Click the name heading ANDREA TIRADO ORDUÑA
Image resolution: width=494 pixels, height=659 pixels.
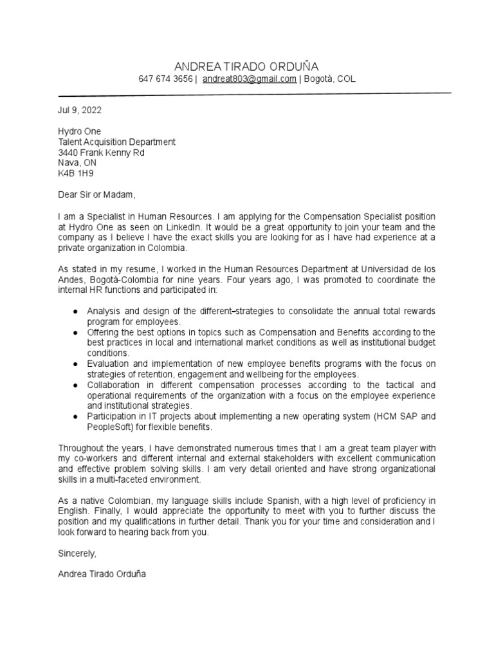(246, 66)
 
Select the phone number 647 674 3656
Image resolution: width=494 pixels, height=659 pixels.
(165, 79)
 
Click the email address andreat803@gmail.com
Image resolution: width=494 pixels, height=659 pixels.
(250, 79)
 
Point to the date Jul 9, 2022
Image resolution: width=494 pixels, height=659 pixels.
(80, 110)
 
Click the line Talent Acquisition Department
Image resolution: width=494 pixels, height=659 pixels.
(116, 142)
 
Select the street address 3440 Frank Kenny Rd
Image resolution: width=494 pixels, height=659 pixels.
(101, 153)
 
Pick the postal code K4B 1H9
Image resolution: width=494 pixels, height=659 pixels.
(76, 174)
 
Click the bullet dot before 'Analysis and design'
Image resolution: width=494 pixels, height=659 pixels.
(76, 311)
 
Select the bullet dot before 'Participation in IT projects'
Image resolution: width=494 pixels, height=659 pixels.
(76, 416)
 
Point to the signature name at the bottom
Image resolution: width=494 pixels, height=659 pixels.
(102, 574)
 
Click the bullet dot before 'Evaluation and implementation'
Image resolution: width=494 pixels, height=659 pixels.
(76, 364)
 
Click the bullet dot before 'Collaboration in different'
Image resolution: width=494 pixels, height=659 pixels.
(76, 385)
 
